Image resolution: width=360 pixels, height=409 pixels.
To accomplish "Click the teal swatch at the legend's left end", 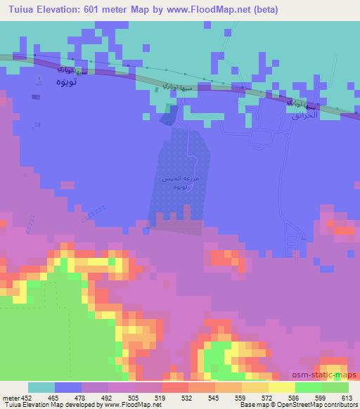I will (41, 387).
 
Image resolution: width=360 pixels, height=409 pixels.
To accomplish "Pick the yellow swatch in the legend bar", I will (281, 387).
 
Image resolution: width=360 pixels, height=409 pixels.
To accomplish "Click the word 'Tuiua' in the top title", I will (19, 10).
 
